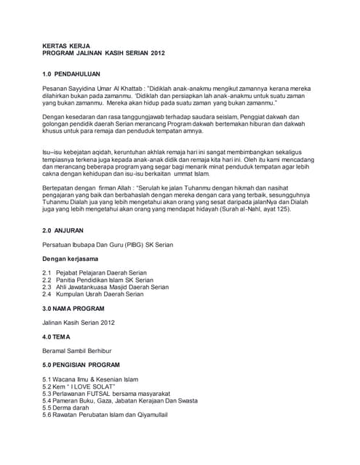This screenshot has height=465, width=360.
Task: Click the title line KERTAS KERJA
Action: pos(65,45)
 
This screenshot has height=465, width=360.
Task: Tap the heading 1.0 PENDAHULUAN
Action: pos(71,74)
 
